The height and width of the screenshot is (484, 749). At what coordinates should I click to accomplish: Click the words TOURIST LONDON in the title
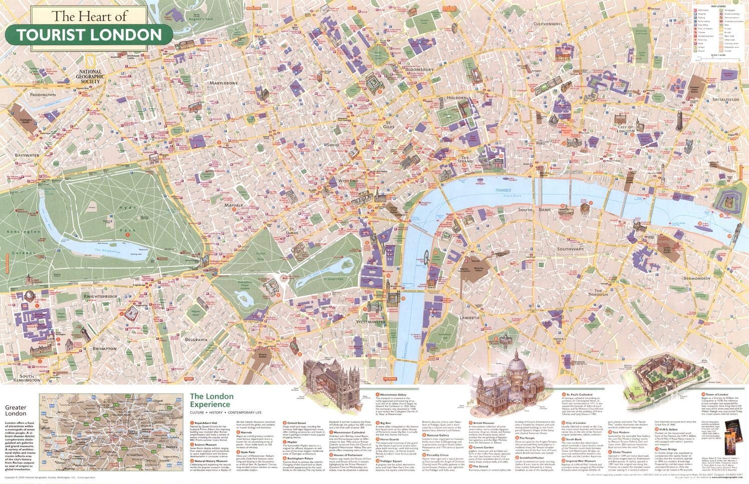(x=89, y=35)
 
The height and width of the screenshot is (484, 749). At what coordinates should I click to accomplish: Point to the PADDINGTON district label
(x=43, y=95)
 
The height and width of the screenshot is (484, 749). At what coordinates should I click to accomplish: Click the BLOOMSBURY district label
(x=419, y=69)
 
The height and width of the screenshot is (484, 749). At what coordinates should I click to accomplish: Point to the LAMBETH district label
(x=469, y=318)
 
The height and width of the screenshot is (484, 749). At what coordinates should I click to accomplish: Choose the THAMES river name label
(x=503, y=191)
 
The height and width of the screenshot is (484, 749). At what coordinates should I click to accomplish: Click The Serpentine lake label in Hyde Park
(x=108, y=251)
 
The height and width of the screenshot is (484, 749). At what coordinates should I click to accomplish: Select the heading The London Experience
(x=211, y=400)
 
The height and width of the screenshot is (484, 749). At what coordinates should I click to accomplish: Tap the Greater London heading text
(x=15, y=410)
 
